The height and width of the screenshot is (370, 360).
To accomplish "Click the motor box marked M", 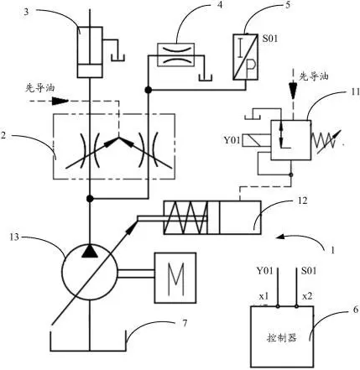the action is [175, 278].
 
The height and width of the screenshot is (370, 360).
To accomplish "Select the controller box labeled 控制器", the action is [282, 336].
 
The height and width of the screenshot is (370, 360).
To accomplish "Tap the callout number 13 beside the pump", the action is [14, 237].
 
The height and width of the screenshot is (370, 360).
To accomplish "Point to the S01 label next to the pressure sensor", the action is [270, 39].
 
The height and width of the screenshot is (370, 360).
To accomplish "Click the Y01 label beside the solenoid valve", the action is [232, 140].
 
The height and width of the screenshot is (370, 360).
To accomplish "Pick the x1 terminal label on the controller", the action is [263, 296].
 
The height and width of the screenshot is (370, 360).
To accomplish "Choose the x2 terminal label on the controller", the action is [307, 296].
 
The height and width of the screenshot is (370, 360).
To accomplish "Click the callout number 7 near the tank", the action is [185, 323].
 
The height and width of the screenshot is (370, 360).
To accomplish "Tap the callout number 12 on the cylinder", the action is [302, 201].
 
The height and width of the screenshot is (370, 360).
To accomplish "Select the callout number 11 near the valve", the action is [355, 92].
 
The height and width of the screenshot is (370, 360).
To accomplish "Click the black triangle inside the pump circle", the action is [90, 251].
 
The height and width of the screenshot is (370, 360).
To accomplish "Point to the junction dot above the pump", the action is [90, 199].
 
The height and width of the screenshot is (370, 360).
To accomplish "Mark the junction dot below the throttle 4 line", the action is [149, 90].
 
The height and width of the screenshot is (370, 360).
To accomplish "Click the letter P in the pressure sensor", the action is [251, 66].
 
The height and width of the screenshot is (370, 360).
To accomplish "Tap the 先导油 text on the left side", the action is [40, 88].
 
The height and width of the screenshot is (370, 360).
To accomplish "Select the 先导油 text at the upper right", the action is [314, 76].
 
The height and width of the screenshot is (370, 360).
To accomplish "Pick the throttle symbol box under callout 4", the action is [176, 55].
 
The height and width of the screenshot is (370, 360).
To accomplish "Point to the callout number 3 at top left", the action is [26, 13].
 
